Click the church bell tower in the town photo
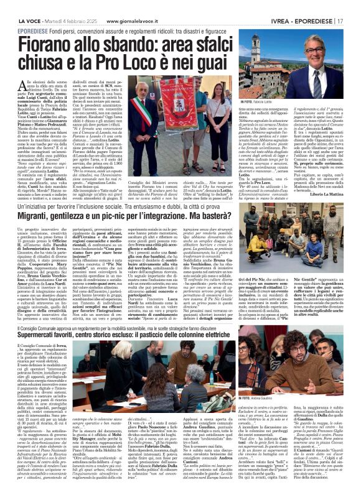(x=255, y=47)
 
